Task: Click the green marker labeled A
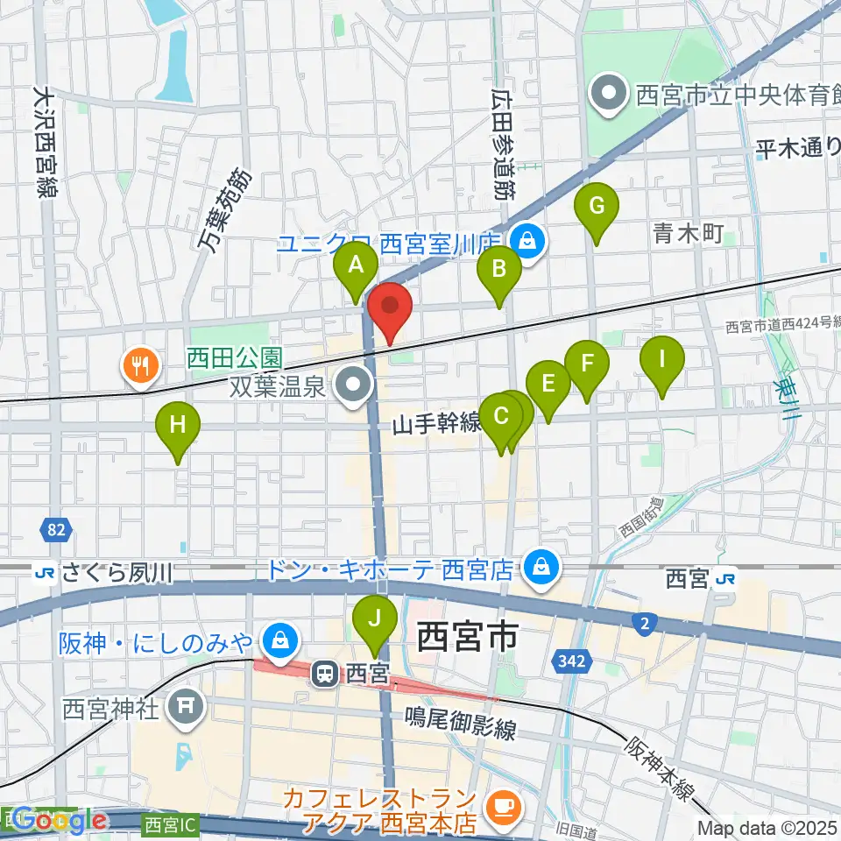click(356, 265)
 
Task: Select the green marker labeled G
click(597, 207)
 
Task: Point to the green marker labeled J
click(375, 620)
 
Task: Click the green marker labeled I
click(662, 359)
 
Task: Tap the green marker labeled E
click(548, 385)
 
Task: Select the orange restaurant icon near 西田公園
click(140, 364)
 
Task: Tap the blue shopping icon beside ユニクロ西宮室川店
click(528, 237)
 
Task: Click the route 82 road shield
click(56, 528)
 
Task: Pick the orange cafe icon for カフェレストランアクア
click(502, 803)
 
